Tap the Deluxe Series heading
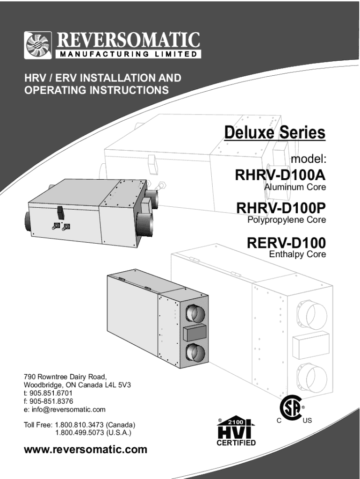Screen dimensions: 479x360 coord(274,132)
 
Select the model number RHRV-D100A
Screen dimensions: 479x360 coord(280,176)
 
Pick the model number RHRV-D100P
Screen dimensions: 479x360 coord(281,207)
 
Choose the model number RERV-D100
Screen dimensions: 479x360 coord(286,243)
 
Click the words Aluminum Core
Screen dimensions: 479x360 coord(295,188)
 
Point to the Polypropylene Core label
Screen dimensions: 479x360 coord(286,219)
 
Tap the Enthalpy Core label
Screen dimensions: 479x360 coord(297,255)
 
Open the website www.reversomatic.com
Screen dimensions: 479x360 coord(85,450)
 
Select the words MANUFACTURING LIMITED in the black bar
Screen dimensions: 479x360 coord(129,54)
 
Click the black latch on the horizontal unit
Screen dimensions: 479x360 coord(60,212)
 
